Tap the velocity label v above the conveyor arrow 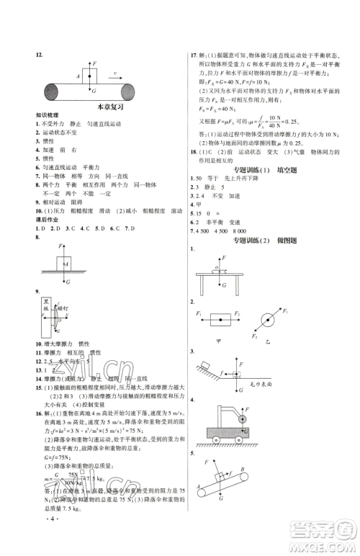coord(114,72)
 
